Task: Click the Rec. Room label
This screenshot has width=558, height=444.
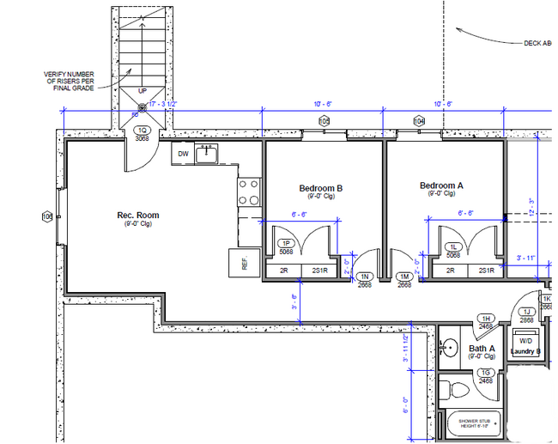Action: tap(138, 216)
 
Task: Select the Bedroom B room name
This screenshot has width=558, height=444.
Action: tap(321, 189)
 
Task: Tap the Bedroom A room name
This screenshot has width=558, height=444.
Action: tap(441, 186)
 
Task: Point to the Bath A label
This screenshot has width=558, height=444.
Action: tap(481, 349)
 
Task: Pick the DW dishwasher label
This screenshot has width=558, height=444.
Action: tap(183, 155)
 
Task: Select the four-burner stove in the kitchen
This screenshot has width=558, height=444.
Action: tap(249, 192)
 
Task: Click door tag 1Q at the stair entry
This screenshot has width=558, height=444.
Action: tap(143, 131)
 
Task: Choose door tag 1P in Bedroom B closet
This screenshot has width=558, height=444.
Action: tap(287, 245)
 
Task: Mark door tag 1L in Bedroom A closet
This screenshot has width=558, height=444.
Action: tap(453, 247)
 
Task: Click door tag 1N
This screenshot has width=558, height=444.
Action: tap(366, 277)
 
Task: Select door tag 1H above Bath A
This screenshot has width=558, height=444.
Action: tap(485, 319)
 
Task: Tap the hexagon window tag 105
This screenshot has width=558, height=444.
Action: tap(324, 122)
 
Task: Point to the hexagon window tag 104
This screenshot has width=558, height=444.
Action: tap(420, 122)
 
